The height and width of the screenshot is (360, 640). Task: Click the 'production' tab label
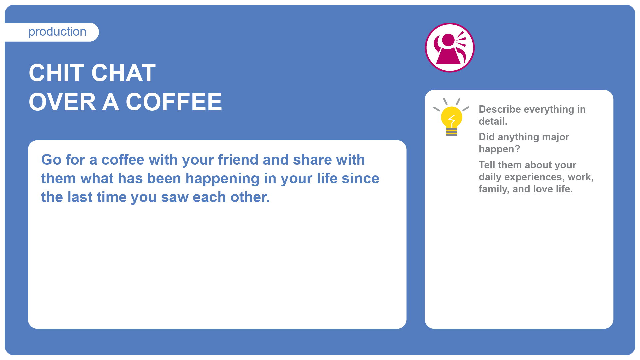click(57, 32)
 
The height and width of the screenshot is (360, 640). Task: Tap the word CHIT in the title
click(56, 73)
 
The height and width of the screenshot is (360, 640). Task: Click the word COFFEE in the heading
click(174, 102)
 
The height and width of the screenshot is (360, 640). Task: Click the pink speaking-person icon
click(450, 47)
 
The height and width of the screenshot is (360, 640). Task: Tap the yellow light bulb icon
click(451, 117)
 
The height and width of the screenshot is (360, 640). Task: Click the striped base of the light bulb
click(452, 132)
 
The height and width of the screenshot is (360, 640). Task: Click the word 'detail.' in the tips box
click(493, 121)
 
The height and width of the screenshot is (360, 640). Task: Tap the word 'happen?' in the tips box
click(499, 149)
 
